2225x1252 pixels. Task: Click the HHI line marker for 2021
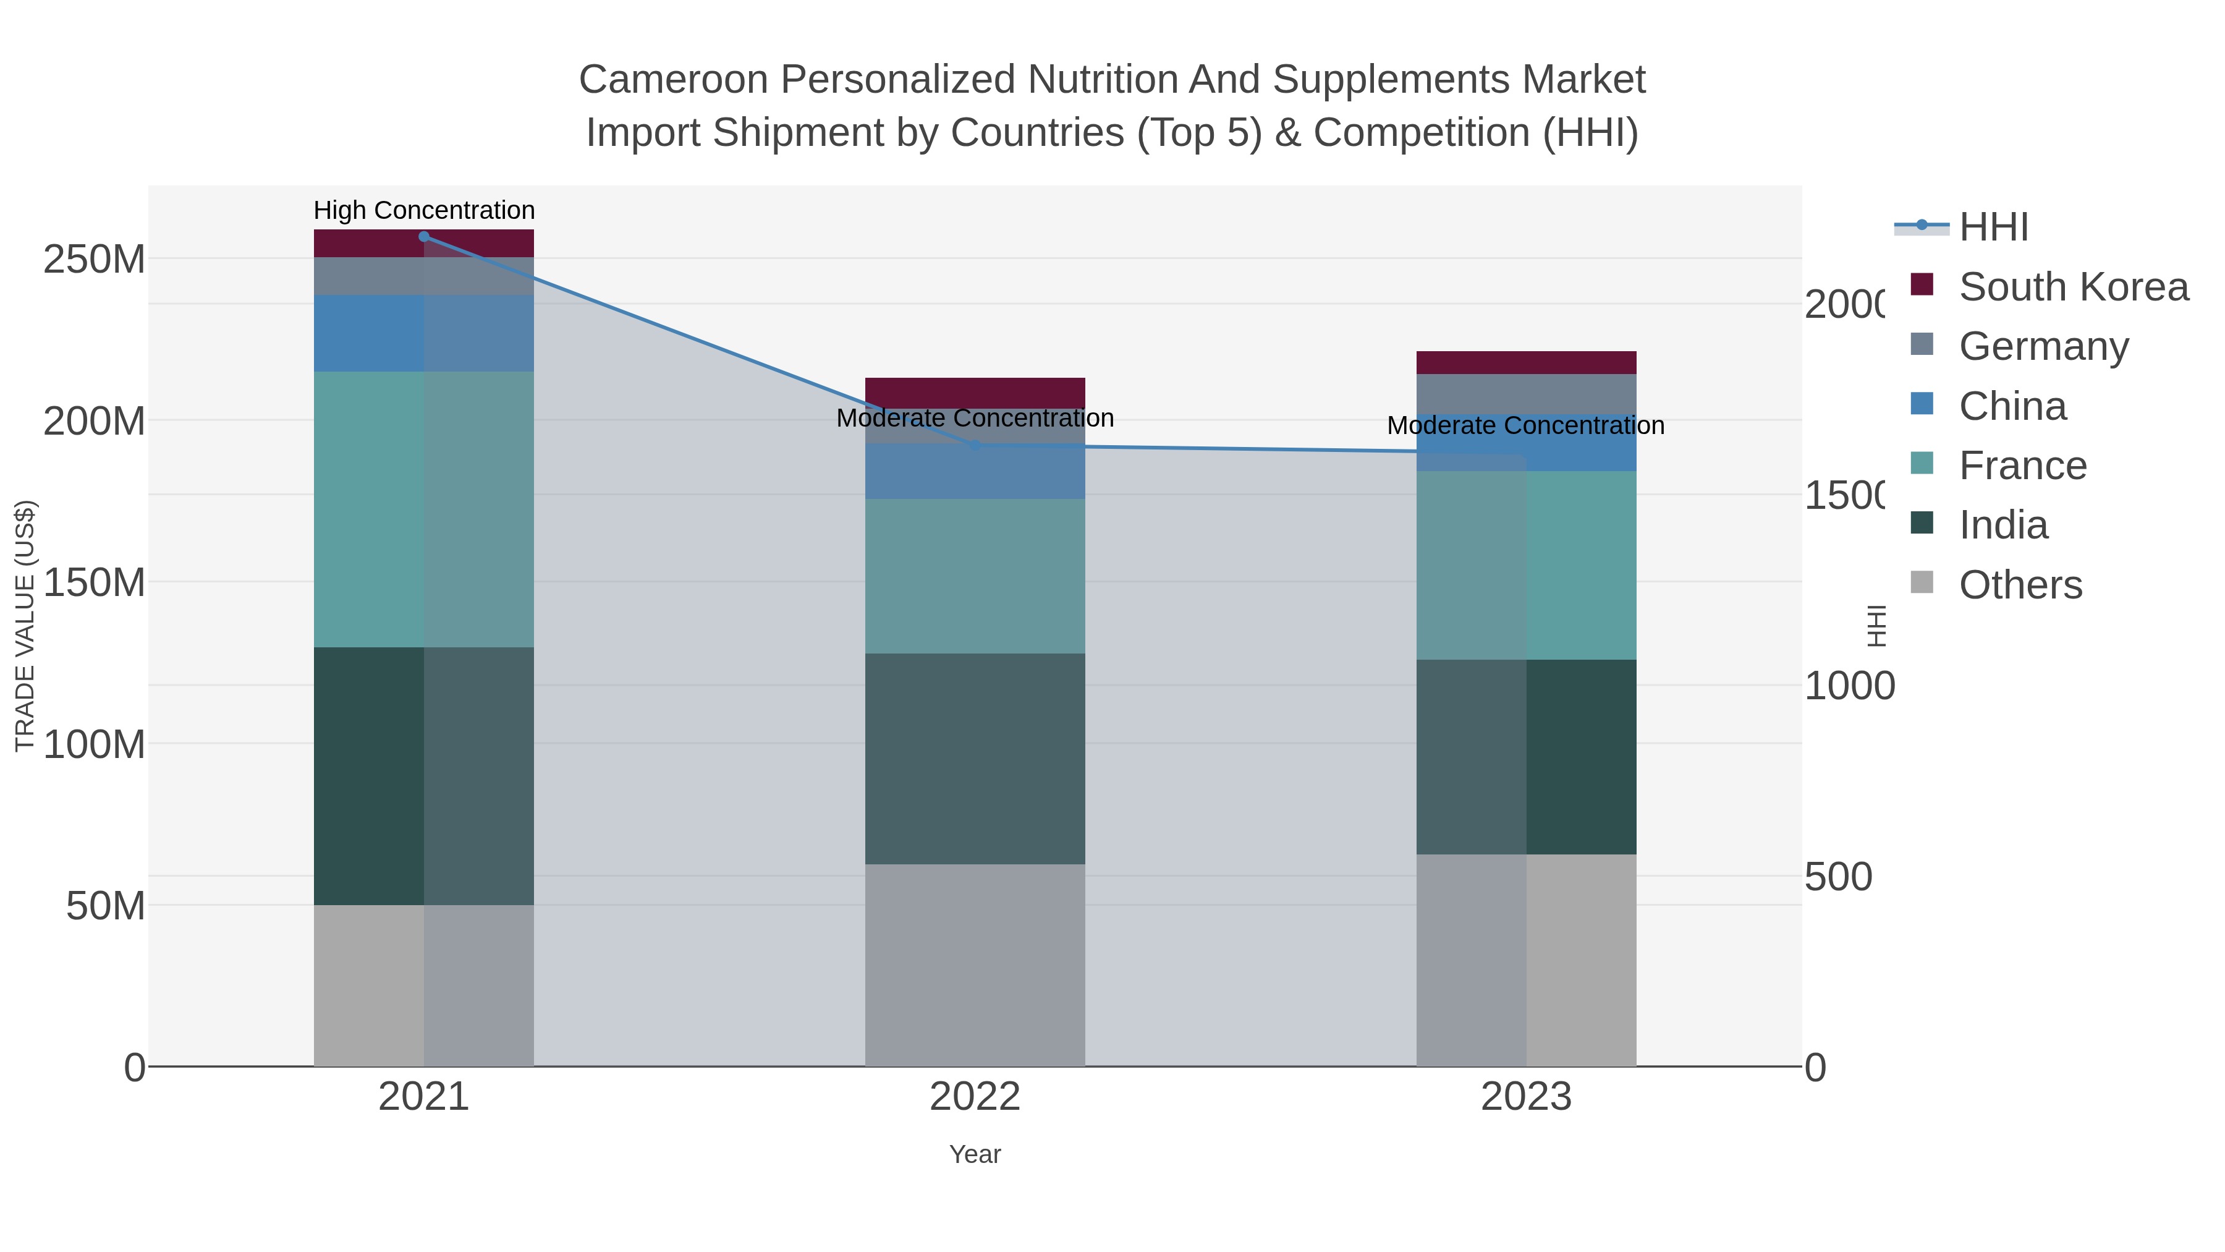coord(423,237)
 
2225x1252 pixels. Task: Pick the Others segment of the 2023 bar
coord(1525,959)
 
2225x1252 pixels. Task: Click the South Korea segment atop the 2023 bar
coord(1525,362)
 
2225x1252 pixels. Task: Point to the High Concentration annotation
coord(423,211)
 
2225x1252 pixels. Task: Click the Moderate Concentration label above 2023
coord(1525,426)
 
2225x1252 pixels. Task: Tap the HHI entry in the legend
coord(1993,228)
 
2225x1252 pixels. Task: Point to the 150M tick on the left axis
coord(93,582)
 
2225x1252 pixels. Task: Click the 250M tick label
coord(93,259)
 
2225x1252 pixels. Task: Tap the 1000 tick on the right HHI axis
coord(1849,686)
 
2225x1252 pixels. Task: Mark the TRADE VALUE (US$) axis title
coord(25,626)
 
